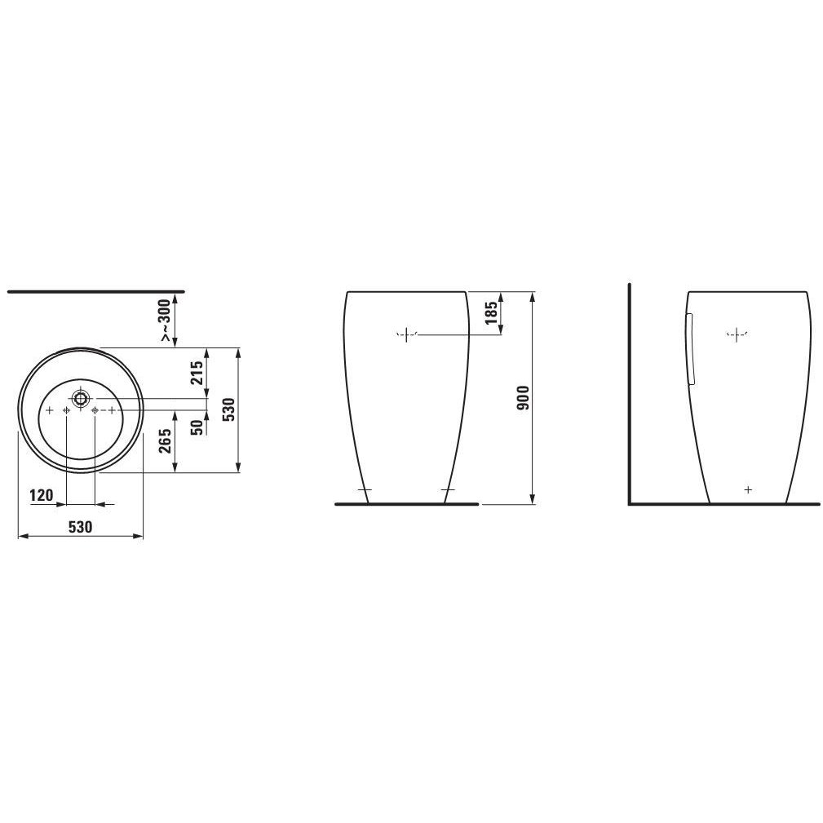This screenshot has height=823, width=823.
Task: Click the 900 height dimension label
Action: [x=524, y=397]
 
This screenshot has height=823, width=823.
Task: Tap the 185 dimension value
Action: [x=492, y=313]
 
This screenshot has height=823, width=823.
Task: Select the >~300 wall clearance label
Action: [x=166, y=321]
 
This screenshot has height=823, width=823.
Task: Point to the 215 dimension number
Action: [x=197, y=373]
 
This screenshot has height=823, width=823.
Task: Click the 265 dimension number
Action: [x=166, y=441]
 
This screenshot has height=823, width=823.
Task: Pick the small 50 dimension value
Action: [x=197, y=427]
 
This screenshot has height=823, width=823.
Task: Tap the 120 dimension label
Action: [x=42, y=495]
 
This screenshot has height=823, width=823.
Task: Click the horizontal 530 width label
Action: [x=80, y=526]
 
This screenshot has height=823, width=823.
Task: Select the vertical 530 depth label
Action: [x=229, y=409]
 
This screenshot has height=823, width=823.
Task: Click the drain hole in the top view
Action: [x=80, y=399]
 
